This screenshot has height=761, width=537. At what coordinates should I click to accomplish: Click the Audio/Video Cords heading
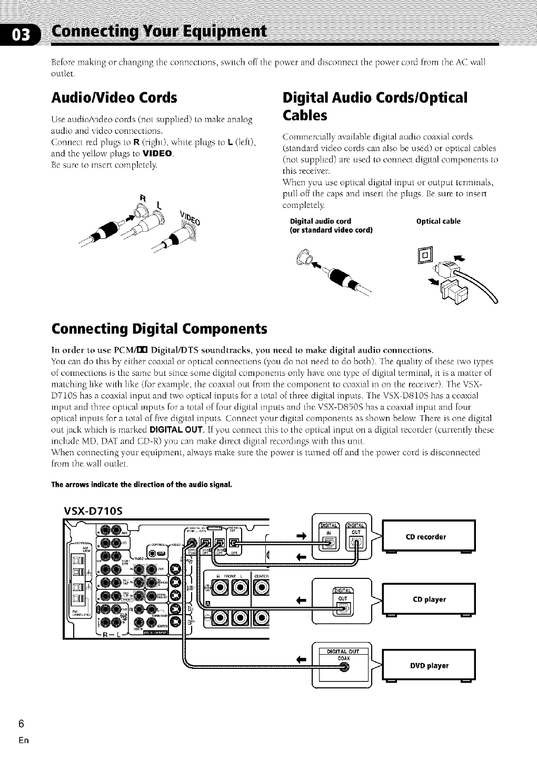coord(114,98)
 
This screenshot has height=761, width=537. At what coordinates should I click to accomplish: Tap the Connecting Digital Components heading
coord(160,329)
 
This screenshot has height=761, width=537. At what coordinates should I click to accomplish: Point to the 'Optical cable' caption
coord(438,221)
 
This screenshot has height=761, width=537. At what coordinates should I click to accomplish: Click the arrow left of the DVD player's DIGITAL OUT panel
coord(301,658)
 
